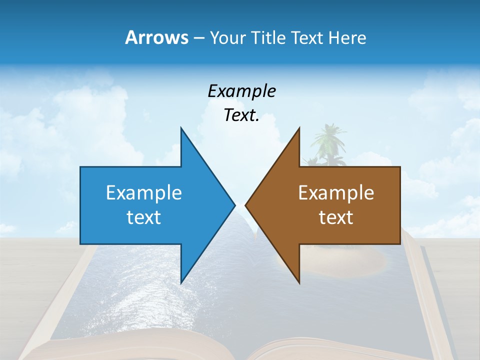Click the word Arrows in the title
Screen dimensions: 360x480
(156, 37)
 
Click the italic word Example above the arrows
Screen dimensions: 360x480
(241, 91)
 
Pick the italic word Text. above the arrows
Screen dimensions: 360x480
(241, 115)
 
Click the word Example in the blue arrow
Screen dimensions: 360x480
(143, 192)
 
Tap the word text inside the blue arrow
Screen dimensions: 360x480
(143, 217)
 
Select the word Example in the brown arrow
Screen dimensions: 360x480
(336, 192)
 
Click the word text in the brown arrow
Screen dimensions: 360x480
(336, 217)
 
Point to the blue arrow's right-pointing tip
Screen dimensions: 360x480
(234, 204)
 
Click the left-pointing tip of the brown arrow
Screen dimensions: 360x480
(246, 204)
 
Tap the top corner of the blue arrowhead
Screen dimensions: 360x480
(181, 129)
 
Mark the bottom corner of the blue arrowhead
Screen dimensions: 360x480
(181, 282)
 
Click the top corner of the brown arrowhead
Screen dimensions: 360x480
(299, 129)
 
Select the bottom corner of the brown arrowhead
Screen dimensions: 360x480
(299, 282)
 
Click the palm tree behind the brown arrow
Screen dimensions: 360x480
(327, 142)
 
